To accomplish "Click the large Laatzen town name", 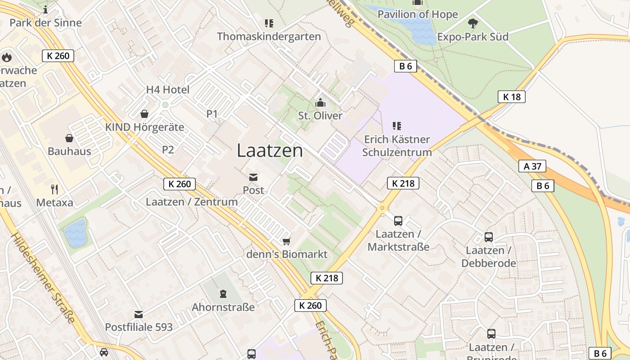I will click(x=270, y=151).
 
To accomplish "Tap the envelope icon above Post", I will click(x=253, y=177).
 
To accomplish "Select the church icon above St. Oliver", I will click(x=320, y=103).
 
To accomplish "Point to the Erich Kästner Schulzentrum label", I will click(x=397, y=146).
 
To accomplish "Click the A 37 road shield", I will click(x=532, y=166).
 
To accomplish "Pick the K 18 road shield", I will click(x=512, y=96).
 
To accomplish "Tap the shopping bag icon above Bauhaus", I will click(x=69, y=138).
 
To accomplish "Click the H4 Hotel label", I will click(x=168, y=90).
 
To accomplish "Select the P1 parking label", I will click(x=212, y=114).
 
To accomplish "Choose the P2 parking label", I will click(x=168, y=150).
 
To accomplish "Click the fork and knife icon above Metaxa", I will click(x=54, y=189).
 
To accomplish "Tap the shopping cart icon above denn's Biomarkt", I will click(x=287, y=242).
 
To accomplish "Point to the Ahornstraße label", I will click(x=223, y=307).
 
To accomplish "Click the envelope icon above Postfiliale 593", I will click(x=139, y=314).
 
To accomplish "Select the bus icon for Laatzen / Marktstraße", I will click(x=398, y=220).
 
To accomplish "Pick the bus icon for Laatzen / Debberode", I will click(x=489, y=237).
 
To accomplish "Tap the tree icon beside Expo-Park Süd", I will click(x=472, y=23).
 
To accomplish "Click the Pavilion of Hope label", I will click(x=418, y=14).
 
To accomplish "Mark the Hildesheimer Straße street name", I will click(x=43, y=278).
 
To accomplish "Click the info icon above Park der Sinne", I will click(x=45, y=9).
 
